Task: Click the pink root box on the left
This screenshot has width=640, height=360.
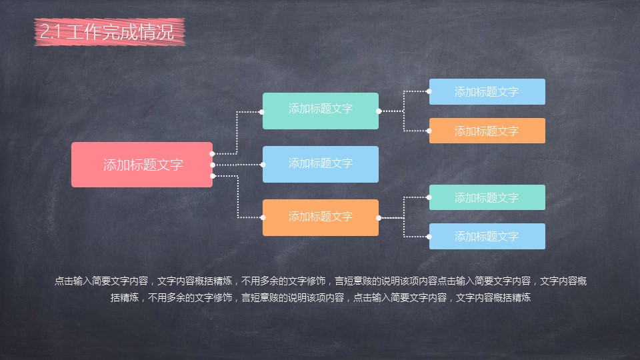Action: pos(142,165)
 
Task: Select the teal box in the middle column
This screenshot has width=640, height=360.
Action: pos(321,111)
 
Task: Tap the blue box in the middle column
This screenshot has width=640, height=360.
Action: pos(321,164)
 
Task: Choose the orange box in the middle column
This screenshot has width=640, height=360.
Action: pos(321,217)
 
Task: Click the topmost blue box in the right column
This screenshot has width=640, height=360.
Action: pos(487,92)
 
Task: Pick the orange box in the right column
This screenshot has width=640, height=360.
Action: pos(487,131)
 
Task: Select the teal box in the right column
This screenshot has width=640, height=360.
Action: pos(487,197)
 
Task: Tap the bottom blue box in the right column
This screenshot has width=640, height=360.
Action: pos(487,236)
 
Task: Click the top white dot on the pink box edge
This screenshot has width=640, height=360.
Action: pos(213,154)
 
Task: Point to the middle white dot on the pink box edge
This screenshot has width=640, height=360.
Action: pos(213,165)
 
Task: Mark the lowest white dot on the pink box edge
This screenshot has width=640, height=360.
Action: pos(213,175)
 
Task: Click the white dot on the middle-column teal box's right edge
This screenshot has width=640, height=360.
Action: pos(379,111)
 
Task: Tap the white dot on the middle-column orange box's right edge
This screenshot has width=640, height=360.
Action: pos(379,218)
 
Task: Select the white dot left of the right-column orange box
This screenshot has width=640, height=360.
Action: pos(429,131)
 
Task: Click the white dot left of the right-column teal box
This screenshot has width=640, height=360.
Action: pos(429,197)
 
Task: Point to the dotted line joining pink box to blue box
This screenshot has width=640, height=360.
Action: pos(238,164)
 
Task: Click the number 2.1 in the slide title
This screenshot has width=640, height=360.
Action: pos(49,32)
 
